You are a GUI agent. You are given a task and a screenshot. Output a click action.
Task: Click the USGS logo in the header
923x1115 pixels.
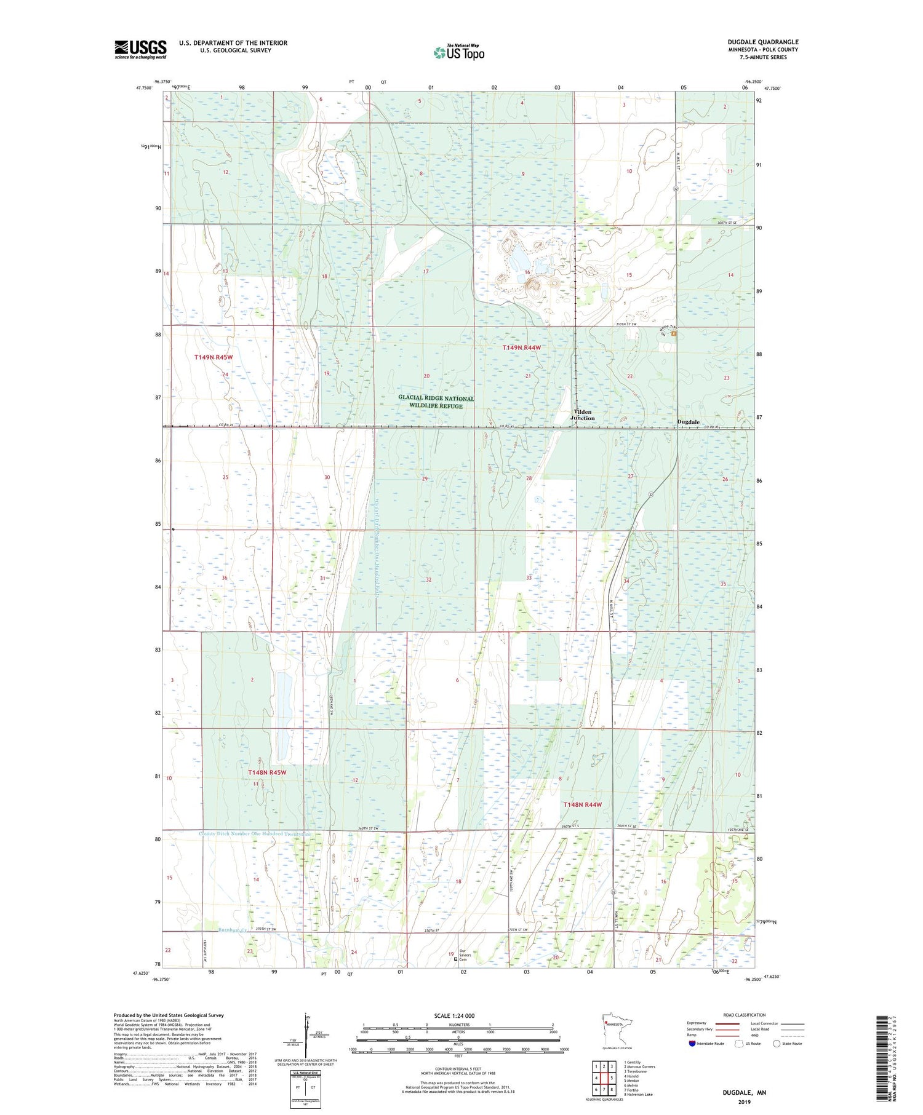[x=140, y=49]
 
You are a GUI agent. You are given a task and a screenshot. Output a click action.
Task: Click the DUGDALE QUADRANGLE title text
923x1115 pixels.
[x=762, y=42]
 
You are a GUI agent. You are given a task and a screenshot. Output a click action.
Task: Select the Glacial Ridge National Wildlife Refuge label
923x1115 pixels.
[x=436, y=402]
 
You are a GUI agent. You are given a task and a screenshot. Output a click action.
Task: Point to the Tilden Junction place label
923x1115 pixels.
[x=582, y=415]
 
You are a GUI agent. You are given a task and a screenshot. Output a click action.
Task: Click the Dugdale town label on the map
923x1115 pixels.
[x=688, y=422]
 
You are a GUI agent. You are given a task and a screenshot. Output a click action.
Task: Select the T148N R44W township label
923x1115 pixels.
[x=582, y=804]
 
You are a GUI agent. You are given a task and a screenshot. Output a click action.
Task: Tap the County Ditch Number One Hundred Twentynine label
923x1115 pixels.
[x=255, y=834]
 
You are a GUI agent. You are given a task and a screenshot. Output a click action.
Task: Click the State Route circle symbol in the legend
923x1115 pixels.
[x=777, y=1044]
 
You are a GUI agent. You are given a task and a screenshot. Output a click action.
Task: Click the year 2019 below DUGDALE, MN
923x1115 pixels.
[x=744, y=1101]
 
